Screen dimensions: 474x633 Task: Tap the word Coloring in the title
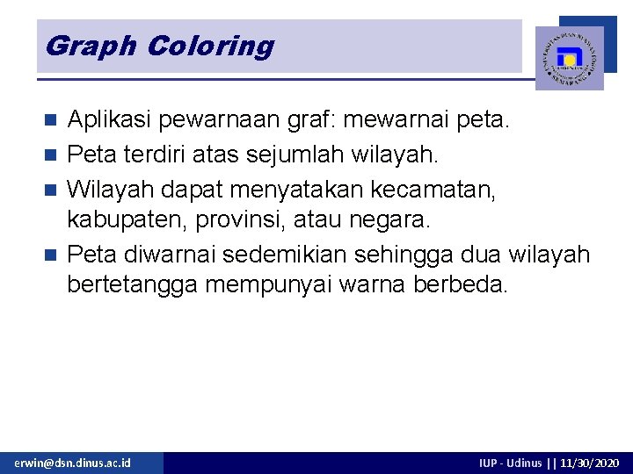(210, 46)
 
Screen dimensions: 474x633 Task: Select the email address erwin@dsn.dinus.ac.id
(72, 463)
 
